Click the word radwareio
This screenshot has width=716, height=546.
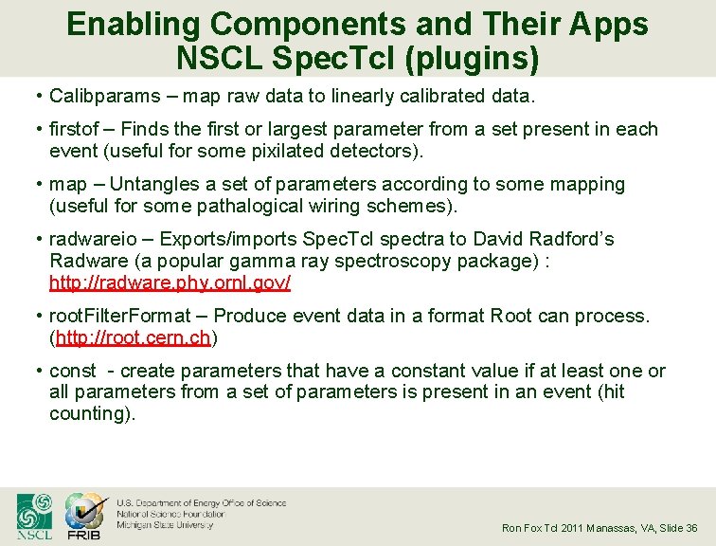(90, 239)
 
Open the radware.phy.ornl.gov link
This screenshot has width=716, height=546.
(170, 282)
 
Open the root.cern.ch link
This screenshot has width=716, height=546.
(133, 337)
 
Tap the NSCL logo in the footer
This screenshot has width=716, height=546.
(34, 517)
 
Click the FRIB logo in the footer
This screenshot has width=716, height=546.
(84, 517)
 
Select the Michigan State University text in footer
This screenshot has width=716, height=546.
(165, 524)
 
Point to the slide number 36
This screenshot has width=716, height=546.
(691, 528)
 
